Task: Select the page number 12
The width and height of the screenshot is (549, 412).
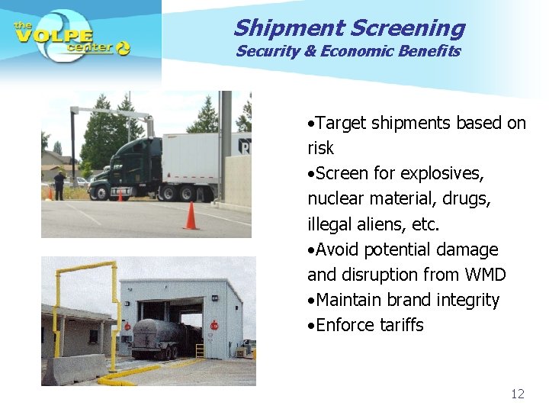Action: tap(518, 394)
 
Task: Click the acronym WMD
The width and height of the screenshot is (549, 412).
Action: tap(484, 275)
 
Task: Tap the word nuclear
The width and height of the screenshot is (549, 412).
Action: tap(335, 199)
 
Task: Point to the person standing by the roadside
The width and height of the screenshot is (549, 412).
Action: tap(59, 185)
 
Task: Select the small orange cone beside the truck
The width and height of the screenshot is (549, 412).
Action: tap(120, 196)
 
